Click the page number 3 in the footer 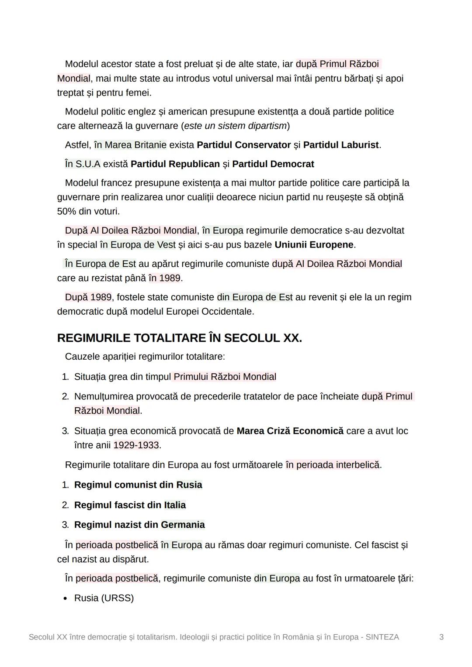[441, 637]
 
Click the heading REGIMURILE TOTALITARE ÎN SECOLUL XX [179, 338]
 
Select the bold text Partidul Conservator [243, 145]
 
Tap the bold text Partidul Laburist [340, 145]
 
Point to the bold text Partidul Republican [175, 164]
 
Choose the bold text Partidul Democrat [273, 164]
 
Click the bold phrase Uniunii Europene [314, 245]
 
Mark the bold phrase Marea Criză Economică [290, 431]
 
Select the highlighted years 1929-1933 [136, 445]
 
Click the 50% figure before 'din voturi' [66, 212]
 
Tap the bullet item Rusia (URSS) [104, 598]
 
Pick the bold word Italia [175, 505]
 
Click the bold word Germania [182, 525]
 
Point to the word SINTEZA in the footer [382, 637]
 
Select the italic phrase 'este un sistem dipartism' [235, 126]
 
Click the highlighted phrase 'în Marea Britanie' [130, 145]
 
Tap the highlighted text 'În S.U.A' [83, 164]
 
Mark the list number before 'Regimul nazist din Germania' [65, 525]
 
